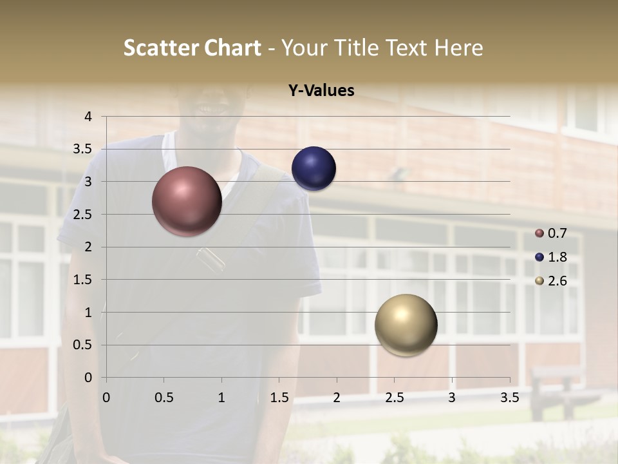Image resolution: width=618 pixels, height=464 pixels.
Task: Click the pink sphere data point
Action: click(x=187, y=201)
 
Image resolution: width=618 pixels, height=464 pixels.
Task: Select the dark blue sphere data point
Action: click(x=314, y=169)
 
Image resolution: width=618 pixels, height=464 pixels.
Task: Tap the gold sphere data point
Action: click(x=406, y=325)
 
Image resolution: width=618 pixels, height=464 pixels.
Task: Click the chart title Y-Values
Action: click(x=321, y=91)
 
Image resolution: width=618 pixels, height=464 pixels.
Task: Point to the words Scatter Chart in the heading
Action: click(x=192, y=48)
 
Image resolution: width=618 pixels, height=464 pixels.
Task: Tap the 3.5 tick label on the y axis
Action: click(x=83, y=150)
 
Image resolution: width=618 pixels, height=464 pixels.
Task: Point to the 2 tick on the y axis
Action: click(x=89, y=247)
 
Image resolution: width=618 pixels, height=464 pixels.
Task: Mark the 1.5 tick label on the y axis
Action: click(x=83, y=280)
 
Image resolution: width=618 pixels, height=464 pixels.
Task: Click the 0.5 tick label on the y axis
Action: click(x=83, y=345)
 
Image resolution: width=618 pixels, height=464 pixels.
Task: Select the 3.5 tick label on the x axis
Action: click(x=509, y=398)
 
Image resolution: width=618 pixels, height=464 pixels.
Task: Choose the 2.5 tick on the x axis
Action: click(x=394, y=398)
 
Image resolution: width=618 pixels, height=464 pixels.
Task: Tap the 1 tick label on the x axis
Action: click(x=221, y=398)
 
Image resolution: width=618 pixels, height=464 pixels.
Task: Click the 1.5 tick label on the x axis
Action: click(x=279, y=398)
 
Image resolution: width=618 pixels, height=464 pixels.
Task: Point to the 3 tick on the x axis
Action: click(x=452, y=398)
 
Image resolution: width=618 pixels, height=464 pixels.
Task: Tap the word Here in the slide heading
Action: click(x=458, y=48)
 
